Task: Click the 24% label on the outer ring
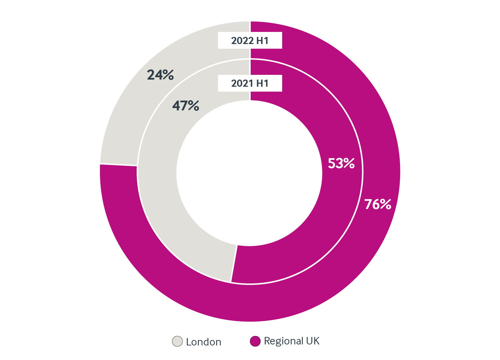[160, 75]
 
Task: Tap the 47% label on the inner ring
[186, 106]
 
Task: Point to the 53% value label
[341, 164]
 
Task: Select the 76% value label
[378, 205]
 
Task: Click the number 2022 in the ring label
[243, 41]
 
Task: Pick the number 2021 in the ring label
[242, 83]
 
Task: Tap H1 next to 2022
[262, 41]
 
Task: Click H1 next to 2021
[262, 83]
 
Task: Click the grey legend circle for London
[178, 341]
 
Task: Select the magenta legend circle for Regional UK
[255, 341]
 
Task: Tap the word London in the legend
[204, 342]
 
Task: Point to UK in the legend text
[313, 341]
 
